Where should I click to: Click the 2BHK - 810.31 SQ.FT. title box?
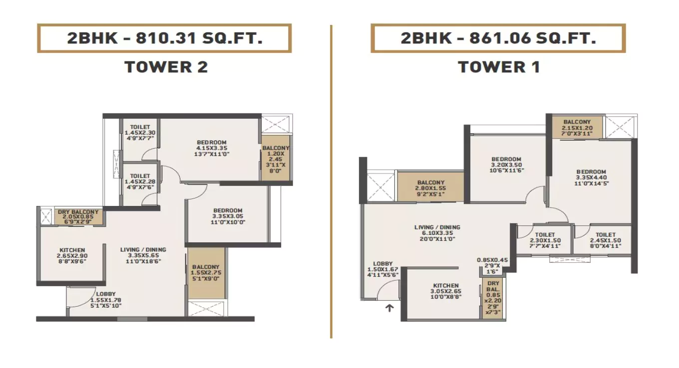tap(164, 38)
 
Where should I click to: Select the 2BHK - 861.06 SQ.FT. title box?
tap(498, 38)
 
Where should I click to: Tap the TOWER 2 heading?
tap(166, 67)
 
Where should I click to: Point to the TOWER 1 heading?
tap(499, 67)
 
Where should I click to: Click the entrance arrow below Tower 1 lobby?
tap(389, 308)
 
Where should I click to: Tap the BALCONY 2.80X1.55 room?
tap(430, 186)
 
